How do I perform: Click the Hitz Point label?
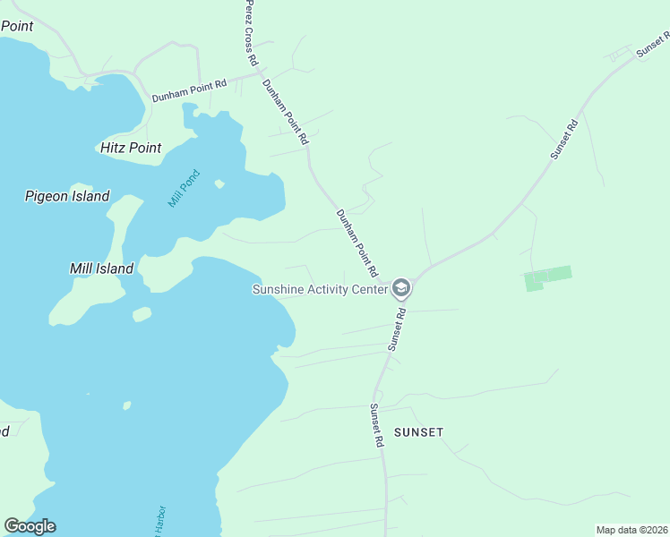point(131,148)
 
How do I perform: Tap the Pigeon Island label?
point(67,196)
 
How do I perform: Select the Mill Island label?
point(101,268)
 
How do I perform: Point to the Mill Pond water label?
point(185,189)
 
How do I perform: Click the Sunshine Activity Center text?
point(320,289)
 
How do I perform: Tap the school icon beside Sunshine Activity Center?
point(400,288)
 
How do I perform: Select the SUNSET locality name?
point(417,431)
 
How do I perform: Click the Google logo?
point(30,526)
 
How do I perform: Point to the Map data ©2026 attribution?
point(631,530)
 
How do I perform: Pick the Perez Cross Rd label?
point(252,34)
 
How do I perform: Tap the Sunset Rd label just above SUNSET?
point(377,425)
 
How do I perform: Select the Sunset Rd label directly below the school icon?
point(397,328)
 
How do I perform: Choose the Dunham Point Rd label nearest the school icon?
point(356,243)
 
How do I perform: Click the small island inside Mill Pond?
point(219,184)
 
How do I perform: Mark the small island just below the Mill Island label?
point(142,314)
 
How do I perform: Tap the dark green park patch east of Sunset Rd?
point(547,277)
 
